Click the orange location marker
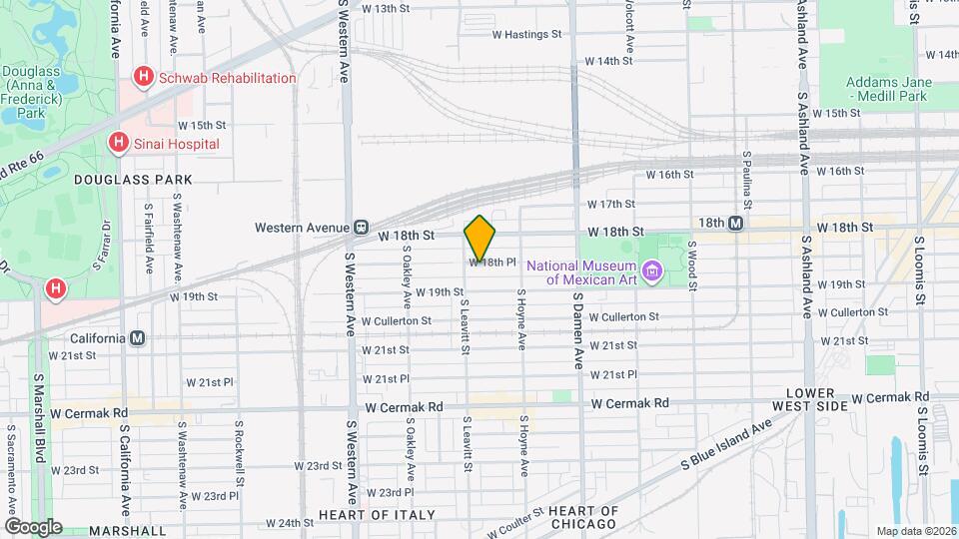479,238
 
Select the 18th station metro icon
736,224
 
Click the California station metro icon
137,338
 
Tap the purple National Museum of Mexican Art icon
652,270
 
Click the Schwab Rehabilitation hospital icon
144,77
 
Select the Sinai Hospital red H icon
119,144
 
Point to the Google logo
32,526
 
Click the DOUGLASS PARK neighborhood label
132,180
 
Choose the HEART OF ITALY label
377,515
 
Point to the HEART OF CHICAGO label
584,518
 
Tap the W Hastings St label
527,34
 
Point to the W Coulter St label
514,521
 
